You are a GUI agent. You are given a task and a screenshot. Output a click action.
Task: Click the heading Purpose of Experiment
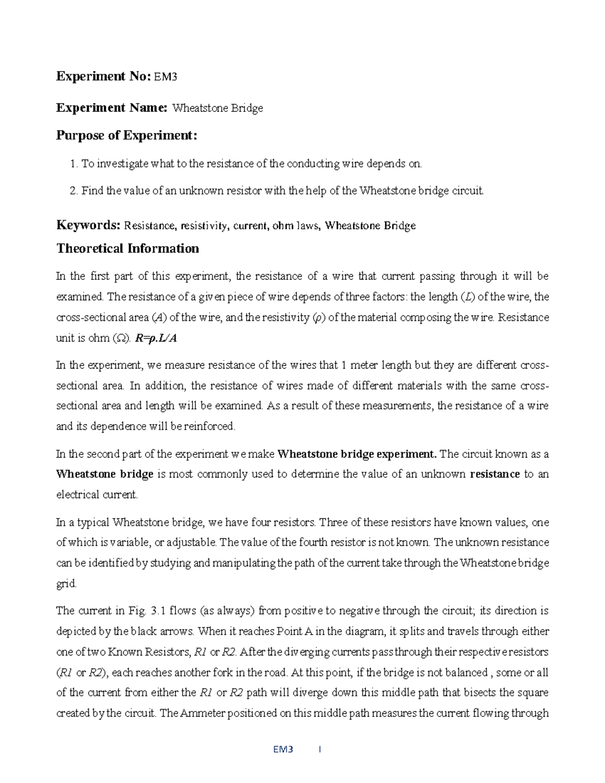coord(127,135)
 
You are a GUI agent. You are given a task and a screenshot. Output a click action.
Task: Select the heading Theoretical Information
coord(128,248)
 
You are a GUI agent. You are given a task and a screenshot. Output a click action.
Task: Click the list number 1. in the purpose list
coord(74,163)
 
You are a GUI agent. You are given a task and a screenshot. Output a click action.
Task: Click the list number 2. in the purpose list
coord(74,191)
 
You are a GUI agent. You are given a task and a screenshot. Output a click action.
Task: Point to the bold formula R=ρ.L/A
coord(156,338)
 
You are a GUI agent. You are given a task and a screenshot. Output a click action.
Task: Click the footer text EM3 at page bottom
coord(283,749)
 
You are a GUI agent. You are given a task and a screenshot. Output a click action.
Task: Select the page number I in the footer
coord(320,749)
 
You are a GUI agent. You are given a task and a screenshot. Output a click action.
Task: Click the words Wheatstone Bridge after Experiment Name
coord(217,108)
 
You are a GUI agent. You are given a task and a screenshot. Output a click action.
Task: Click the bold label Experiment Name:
coord(111,107)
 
